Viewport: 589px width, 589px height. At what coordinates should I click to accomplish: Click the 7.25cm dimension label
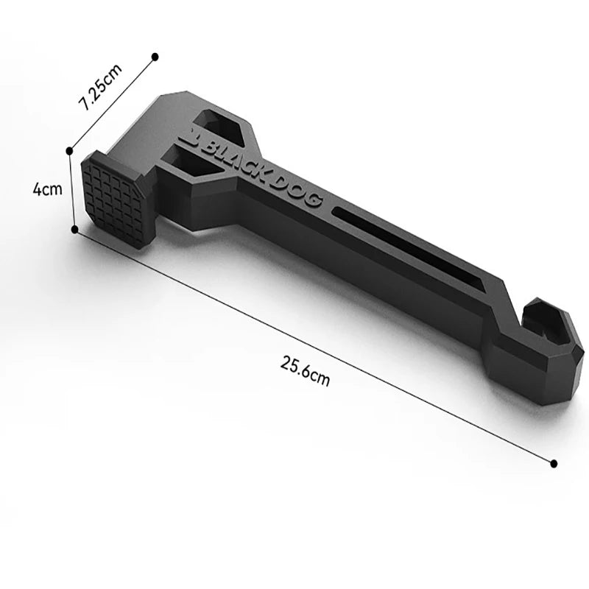pyautogui.click(x=102, y=88)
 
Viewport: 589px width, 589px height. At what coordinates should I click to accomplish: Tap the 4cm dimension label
pyautogui.click(x=46, y=189)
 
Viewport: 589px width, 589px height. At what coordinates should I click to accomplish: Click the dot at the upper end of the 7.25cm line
pyautogui.click(x=155, y=56)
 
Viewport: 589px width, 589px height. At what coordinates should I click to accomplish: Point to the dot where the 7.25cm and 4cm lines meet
pyautogui.click(x=69, y=151)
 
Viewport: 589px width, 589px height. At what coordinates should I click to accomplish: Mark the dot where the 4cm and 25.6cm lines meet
pyautogui.click(x=74, y=229)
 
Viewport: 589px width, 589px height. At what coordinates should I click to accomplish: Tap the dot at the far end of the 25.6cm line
pyautogui.click(x=554, y=463)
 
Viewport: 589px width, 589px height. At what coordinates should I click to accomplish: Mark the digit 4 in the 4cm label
pyautogui.click(x=38, y=189)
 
